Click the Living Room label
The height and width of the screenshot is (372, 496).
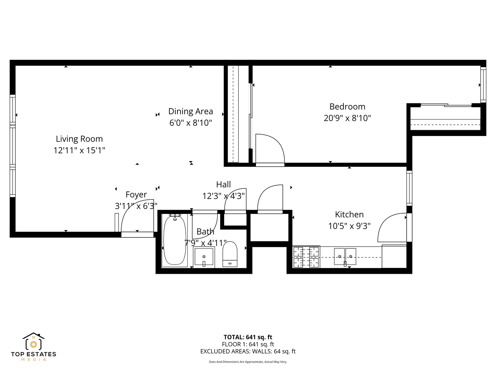pyautogui.click(x=79, y=139)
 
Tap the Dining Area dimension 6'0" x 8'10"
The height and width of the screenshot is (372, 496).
pyautogui.click(x=190, y=123)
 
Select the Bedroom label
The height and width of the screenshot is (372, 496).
pyautogui.click(x=347, y=106)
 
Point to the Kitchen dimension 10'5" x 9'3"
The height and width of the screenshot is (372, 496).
pyautogui.click(x=349, y=226)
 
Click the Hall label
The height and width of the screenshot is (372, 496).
pyautogui.click(x=224, y=184)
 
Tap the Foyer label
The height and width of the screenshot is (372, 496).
pyautogui.click(x=136, y=195)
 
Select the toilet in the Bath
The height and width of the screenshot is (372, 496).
pyautogui.click(x=230, y=254)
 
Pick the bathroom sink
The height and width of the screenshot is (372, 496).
pyautogui.click(x=204, y=257)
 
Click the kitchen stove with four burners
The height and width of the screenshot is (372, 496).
pyautogui.click(x=306, y=257)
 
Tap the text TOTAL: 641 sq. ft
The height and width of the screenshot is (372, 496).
pyautogui.click(x=248, y=337)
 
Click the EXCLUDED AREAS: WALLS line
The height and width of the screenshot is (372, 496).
pyautogui.click(x=248, y=351)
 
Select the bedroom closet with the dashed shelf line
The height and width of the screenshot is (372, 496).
pyautogui.click(x=445, y=119)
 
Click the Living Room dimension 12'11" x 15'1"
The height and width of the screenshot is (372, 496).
pyautogui.click(x=79, y=151)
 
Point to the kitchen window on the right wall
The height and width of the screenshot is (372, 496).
pyautogui.click(x=409, y=188)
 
